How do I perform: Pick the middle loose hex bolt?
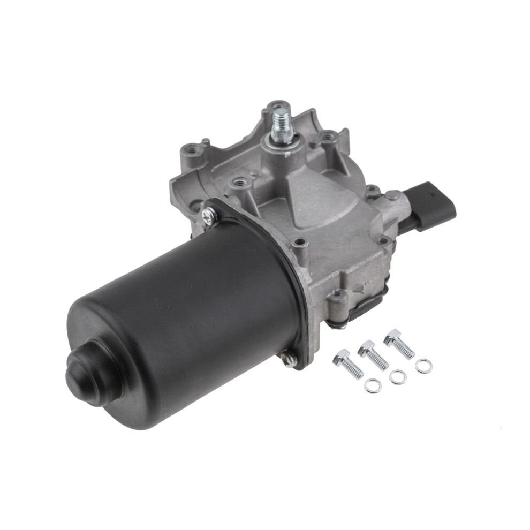373,354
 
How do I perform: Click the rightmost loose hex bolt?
399,343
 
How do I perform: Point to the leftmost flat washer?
373,385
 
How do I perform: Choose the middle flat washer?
397,377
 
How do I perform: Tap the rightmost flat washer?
424,366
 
